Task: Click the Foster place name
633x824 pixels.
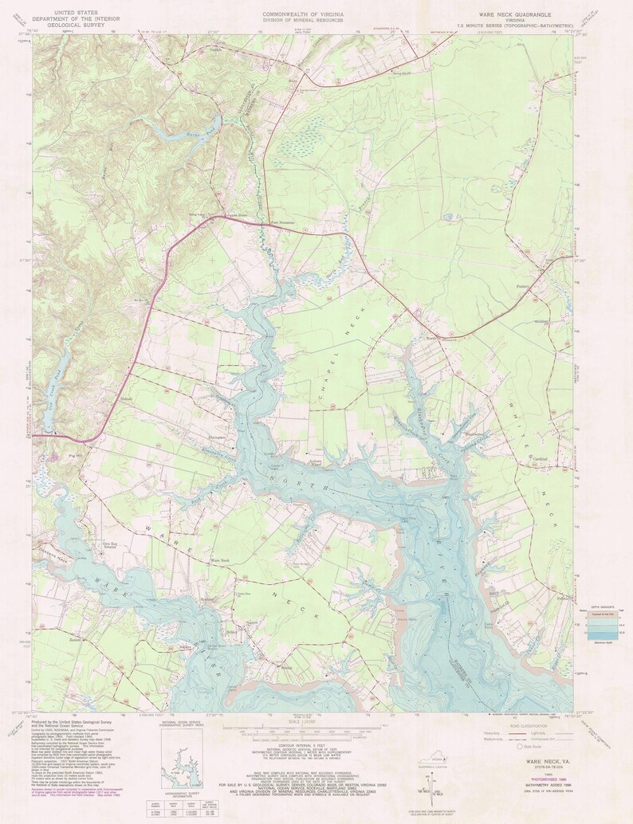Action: click(x=522, y=282)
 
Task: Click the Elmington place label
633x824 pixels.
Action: click(x=216, y=438)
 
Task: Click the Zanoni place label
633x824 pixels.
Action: click(x=76, y=639)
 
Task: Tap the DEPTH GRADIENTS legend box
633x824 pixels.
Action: click(x=602, y=625)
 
